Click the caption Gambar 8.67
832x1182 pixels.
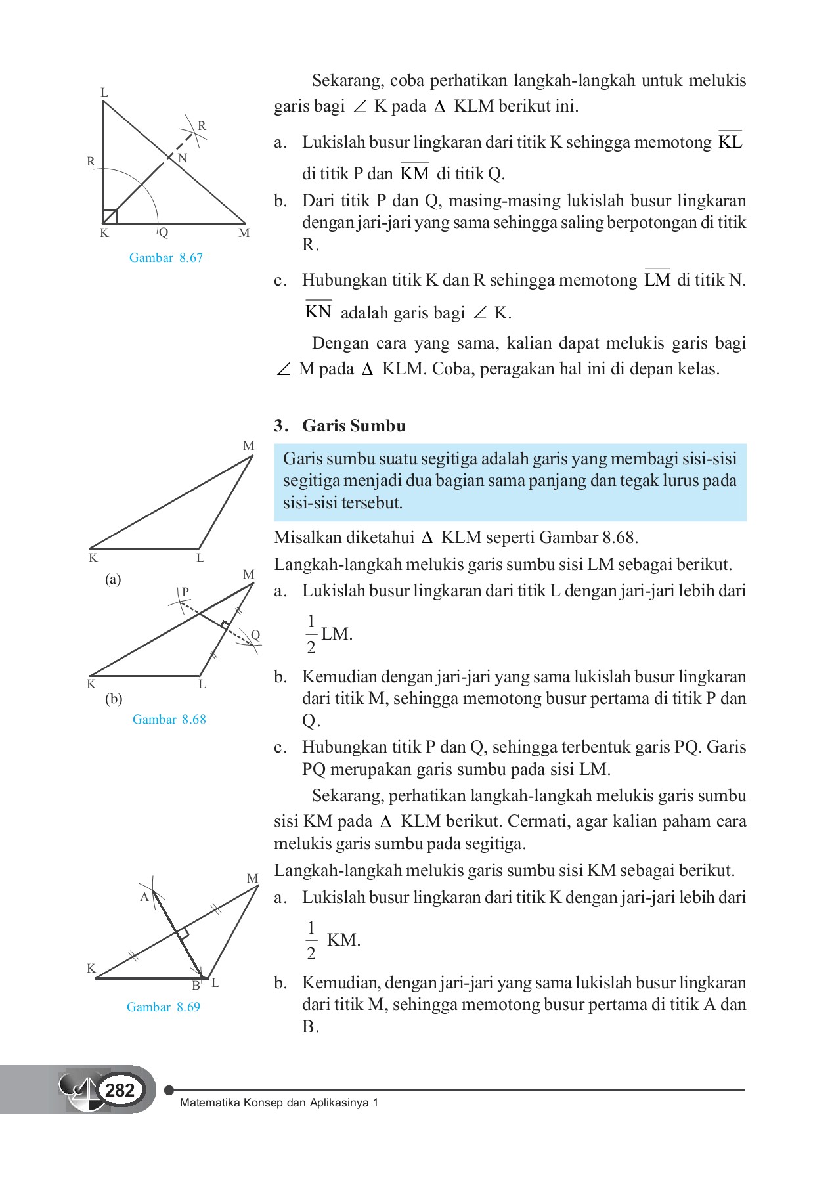[165, 258]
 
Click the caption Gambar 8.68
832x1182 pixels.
[169, 719]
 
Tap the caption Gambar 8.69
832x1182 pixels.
[163, 1007]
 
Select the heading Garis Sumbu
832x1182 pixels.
[353, 426]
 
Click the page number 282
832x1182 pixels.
[120, 1091]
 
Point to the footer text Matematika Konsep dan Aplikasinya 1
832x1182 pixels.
[279, 1103]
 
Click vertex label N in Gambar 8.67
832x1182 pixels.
[183, 158]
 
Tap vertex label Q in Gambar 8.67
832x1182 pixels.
[164, 232]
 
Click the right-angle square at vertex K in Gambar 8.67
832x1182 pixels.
[110, 216]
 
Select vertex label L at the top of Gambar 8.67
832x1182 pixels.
[104, 93]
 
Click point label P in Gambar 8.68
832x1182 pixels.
[185, 592]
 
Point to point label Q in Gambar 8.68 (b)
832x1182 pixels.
[255, 635]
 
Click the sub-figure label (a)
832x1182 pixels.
[113, 579]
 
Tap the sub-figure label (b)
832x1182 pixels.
[114, 699]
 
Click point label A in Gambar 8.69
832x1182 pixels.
[144, 897]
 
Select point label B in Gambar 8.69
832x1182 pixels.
[195, 986]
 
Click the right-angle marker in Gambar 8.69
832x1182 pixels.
[183, 933]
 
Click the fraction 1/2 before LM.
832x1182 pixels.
[311, 634]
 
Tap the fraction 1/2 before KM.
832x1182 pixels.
[311, 940]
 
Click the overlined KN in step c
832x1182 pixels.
[318, 311]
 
